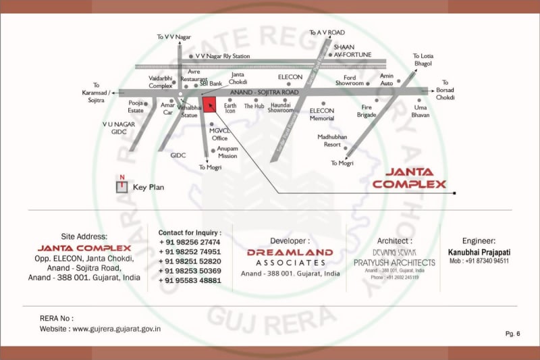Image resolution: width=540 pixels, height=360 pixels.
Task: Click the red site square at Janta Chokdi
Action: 210,105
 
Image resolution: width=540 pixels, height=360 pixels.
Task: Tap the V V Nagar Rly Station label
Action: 223,57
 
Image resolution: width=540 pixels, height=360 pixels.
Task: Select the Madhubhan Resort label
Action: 332,140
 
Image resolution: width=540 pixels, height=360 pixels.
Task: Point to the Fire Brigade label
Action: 367,111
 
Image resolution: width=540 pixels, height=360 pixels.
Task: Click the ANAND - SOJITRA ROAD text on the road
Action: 264,92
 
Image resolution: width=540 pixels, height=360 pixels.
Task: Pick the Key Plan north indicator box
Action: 122,186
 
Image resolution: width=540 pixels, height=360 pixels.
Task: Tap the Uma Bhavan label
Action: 421,111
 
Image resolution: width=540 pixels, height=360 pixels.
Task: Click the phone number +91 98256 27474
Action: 190,242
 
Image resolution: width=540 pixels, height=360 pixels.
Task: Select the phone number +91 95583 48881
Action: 190,280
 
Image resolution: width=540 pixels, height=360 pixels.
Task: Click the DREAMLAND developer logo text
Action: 290,253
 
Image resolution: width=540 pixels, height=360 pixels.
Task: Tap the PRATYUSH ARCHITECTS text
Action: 395,262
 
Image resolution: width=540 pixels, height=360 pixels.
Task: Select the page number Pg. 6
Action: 512,334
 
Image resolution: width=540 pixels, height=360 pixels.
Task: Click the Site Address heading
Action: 84,236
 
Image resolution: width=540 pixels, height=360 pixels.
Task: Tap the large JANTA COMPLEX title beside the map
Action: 409,178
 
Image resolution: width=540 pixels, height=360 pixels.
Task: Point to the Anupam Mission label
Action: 227,152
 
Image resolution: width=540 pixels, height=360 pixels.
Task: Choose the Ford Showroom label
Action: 350,80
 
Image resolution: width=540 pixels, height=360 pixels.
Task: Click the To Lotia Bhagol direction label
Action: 423,59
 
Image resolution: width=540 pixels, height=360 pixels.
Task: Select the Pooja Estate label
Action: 136,107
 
